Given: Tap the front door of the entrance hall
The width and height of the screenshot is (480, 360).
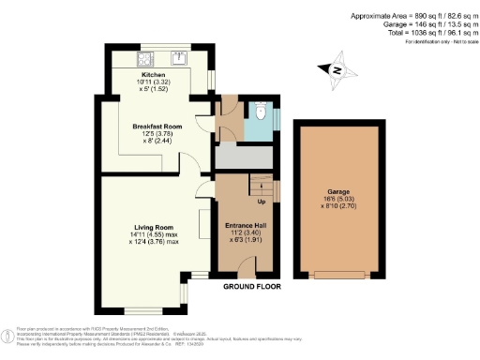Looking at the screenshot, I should (x=246, y=272).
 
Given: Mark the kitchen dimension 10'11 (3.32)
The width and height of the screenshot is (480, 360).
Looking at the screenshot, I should (x=153, y=82).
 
